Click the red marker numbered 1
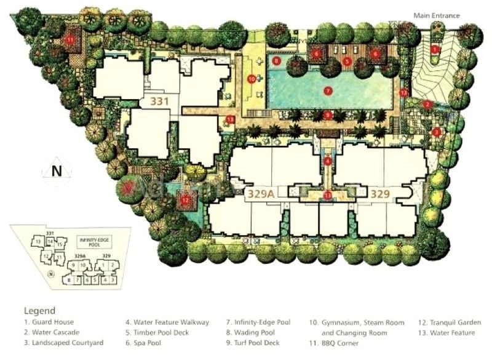435,49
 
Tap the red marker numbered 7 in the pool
328,90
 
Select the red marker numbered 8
277,61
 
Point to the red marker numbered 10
252,79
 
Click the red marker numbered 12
185,198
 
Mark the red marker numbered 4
328,162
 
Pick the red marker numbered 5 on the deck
347,61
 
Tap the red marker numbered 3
436,132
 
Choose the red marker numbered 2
427,104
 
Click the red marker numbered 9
328,114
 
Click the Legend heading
39,311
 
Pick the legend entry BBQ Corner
339,343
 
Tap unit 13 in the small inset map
38,241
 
